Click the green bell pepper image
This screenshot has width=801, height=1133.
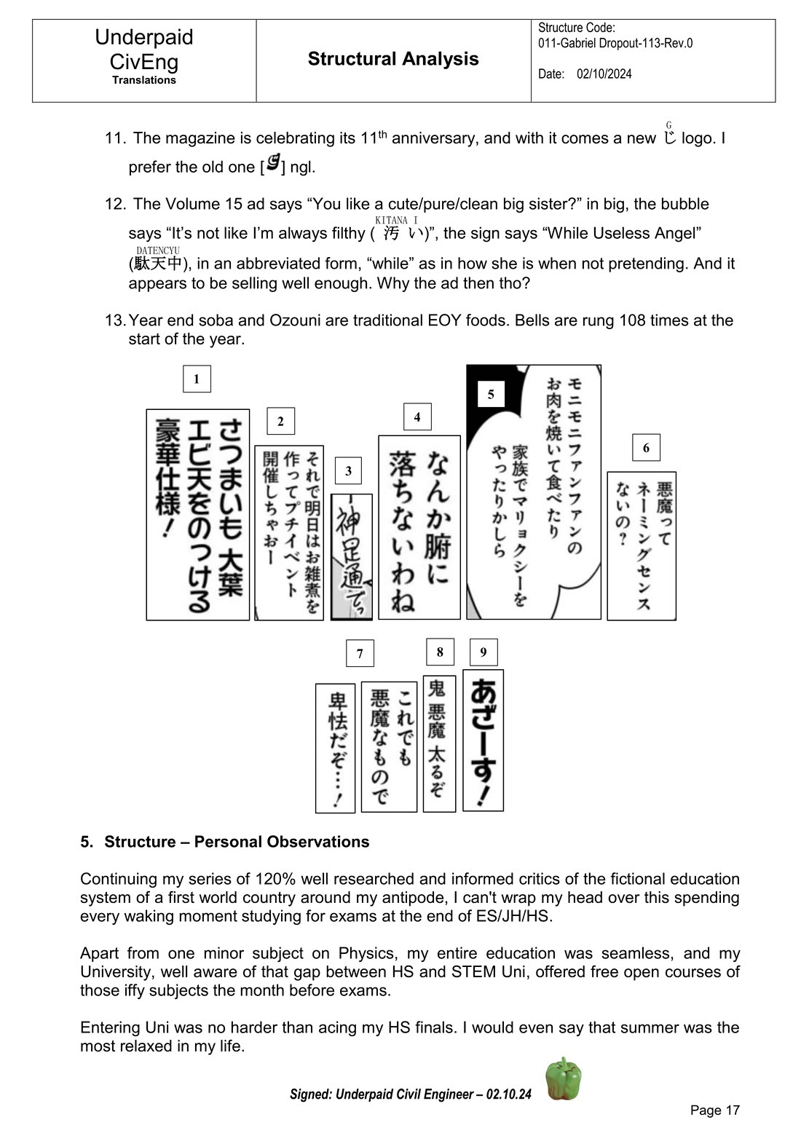point(564,1078)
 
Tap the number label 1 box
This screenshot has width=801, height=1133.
point(197,379)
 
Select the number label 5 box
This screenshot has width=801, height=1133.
point(491,394)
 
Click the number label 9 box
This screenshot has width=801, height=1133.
point(484,652)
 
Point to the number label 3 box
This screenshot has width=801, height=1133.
point(348,471)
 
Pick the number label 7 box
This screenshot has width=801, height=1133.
point(360,653)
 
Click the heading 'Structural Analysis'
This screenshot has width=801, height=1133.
point(393,59)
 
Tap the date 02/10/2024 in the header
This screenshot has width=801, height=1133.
point(604,74)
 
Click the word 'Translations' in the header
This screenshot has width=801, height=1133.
point(144,80)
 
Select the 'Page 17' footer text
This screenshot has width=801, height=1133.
point(714,1110)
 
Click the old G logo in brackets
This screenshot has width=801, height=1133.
point(273,163)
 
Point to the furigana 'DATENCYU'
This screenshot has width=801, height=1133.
point(158,250)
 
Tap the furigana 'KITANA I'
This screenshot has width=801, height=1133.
point(396,220)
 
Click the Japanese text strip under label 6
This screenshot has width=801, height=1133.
point(642,545)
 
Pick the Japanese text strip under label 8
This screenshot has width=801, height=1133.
point(439,743)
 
